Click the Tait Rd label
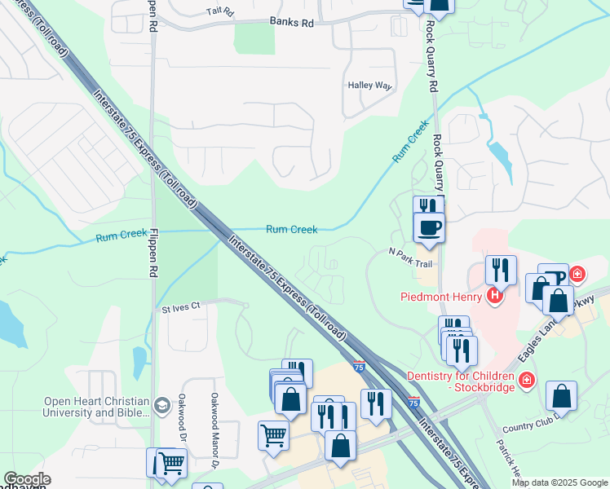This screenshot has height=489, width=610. pos(219,12)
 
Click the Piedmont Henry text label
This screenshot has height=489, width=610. pos(442,296)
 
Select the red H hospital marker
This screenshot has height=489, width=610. pos(493,296)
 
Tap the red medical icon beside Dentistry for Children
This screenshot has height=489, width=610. pos(527,380)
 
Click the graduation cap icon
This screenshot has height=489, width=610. pos(162,404)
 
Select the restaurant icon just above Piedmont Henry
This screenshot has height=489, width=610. pos(500,270)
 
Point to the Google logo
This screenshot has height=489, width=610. pos(27,479)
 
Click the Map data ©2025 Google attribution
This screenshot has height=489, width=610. pos(559,482)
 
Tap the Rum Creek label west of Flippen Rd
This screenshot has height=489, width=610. pos(122,236)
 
